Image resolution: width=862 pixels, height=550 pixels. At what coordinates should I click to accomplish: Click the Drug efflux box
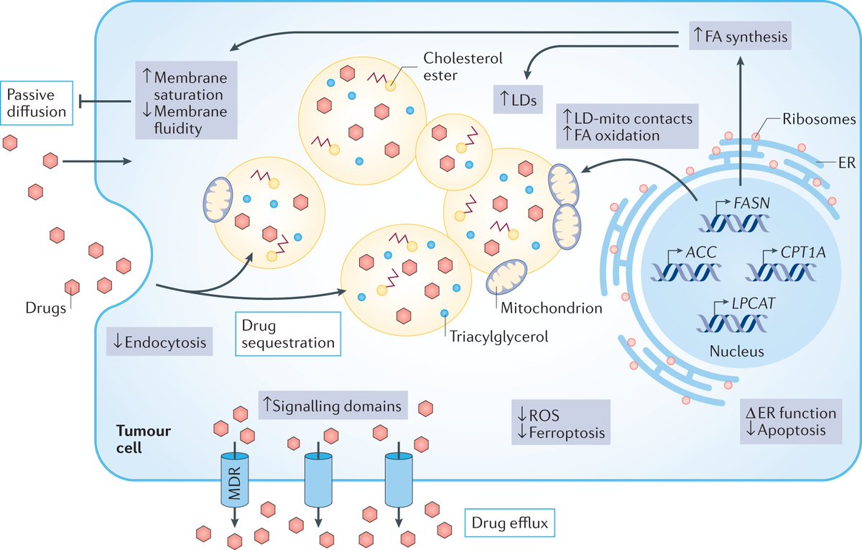(510, 524)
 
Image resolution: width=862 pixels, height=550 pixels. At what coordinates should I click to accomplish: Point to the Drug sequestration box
(287, 334)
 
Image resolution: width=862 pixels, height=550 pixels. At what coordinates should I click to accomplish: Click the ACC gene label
(693, 252)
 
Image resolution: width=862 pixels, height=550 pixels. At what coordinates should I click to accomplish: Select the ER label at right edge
(845, 162)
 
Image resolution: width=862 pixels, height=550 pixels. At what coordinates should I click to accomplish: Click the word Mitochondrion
(548, 309)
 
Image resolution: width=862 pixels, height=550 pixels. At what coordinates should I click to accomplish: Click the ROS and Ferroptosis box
(560, 423)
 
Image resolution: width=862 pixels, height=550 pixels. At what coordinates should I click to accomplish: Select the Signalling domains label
(332, 405)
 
